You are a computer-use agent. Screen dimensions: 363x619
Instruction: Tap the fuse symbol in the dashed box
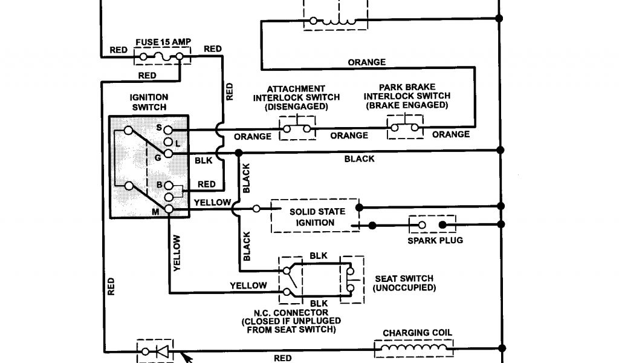pyautogui.click(x=161, y=57)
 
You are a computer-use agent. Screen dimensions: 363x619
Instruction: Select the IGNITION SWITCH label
pyautogui.click(x=149, y=102)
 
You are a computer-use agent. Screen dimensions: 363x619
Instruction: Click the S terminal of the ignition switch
pyautogui.click(x=169, y=129)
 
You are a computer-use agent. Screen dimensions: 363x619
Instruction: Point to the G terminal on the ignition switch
pyautogui.click(x=169, y=154)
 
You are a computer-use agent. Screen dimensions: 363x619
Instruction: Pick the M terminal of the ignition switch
pyautogui.click(x=169, y=209)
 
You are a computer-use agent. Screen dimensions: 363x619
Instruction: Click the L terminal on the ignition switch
pyautogui.click(x=169, y=142)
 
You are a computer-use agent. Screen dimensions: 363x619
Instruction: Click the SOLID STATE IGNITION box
pyautogui.click(x=316, y=217)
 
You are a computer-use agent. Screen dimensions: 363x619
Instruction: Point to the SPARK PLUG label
pyautogui.click(x=435, y=241)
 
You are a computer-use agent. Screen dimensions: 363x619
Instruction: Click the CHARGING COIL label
pyautogui.click(x=417, y=333)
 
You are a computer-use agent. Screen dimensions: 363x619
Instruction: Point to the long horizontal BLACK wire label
pyautogui.click(x=359, y=159)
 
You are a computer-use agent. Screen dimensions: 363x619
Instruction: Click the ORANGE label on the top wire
pyautogui.click(x=367, y=62)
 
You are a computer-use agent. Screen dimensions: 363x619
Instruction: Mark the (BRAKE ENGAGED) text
pyautogui.click(x=407, y=105)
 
